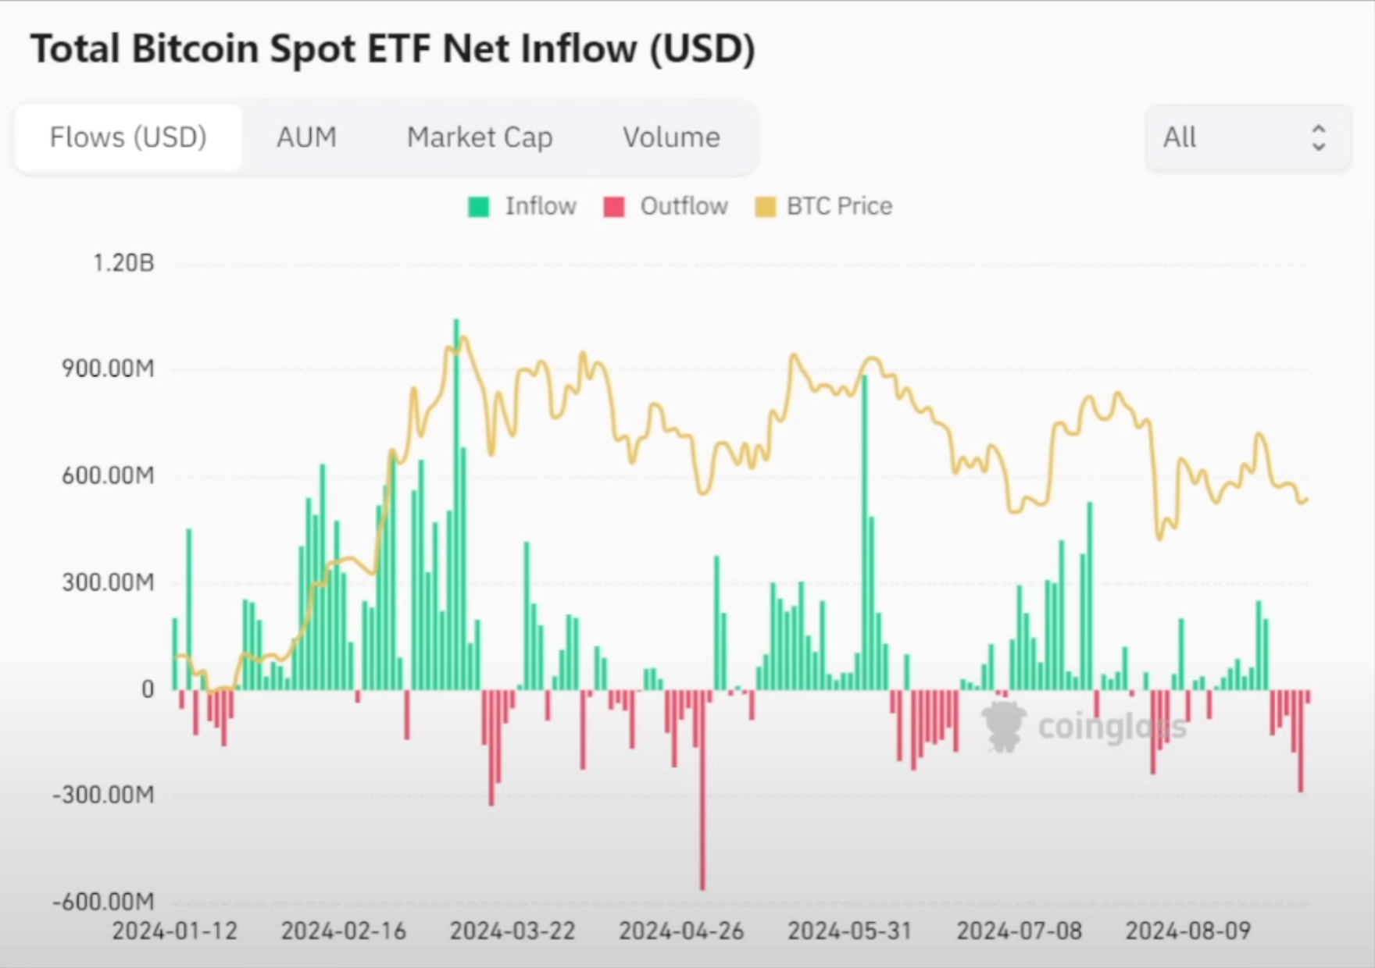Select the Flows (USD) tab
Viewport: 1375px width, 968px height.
(128, 137)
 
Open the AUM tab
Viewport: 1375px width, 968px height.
(306, 137)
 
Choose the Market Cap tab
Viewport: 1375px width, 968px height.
(480, 137)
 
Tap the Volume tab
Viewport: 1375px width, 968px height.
(671, 137)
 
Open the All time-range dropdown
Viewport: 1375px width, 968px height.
(1248, 138)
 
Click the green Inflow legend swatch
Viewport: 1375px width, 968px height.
(478, 207)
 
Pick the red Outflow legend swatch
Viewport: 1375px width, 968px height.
(614, 207)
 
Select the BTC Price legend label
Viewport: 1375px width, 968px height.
(839, 206)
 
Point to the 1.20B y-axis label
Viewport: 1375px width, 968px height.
(123, 263)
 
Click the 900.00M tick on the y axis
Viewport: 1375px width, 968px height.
(108, 368)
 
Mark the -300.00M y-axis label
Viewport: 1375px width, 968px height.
(103, 795)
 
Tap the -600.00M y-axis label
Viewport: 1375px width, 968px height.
(103, 902)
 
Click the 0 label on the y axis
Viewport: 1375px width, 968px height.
(148, 689)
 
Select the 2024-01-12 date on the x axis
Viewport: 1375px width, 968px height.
(174, 931)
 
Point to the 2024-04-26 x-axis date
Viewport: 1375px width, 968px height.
(681, 931)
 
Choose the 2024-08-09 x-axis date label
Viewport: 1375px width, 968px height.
(1187, 931)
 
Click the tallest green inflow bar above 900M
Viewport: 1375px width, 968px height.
(456, 504)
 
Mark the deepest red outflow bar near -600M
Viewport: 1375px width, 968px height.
(702, 789)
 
